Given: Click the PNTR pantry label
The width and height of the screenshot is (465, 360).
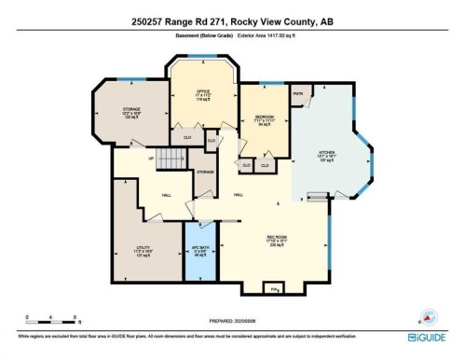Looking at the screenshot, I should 299,94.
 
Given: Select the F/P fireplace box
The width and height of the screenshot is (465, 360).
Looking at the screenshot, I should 275,290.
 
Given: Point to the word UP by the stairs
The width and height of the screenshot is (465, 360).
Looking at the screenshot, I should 151,158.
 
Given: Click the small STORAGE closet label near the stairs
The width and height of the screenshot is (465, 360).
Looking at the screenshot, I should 204,172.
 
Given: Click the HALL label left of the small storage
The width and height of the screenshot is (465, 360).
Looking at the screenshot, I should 165,195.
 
